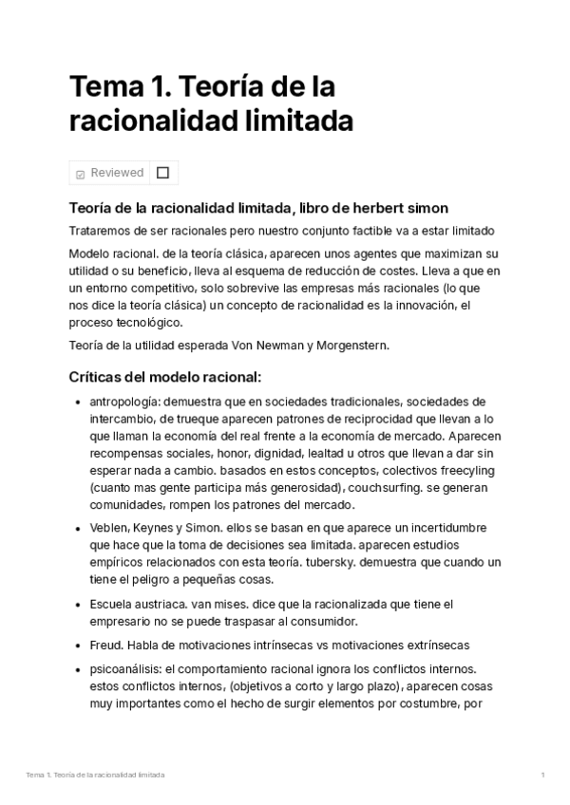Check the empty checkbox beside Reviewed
(162, 173)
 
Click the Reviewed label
(117, 173)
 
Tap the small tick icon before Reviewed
(80, 174)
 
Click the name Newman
(275, 346)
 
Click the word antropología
(127, 402)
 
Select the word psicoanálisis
(128, 669)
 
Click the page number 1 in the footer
(542, 776)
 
